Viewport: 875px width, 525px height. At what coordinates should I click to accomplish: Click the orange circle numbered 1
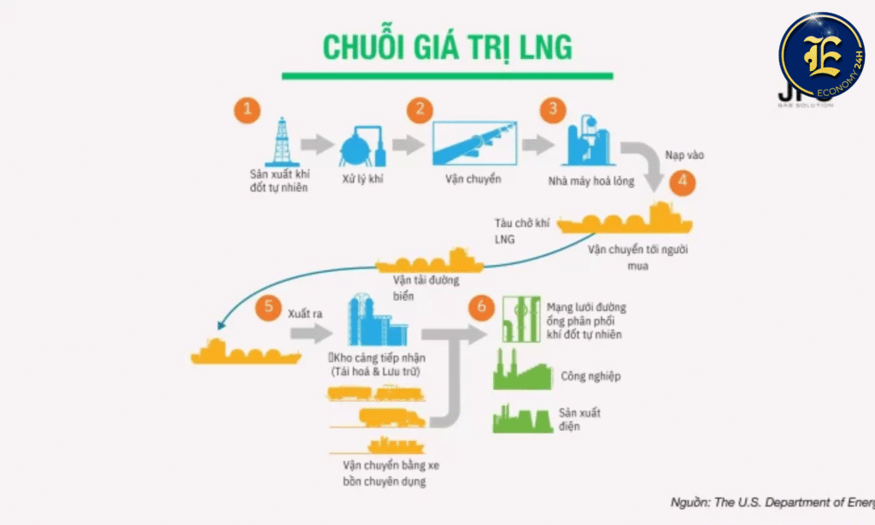click(246, 109)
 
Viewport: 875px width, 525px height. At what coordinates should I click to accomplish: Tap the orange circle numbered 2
click(419, 109)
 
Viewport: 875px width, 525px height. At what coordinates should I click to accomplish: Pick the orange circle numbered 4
click(683, 182)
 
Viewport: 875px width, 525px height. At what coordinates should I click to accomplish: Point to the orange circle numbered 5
click(271, 308)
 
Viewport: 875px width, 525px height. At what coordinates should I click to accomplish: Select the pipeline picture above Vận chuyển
click(473, 144)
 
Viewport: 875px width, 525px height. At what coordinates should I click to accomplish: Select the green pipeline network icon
click(520, 321)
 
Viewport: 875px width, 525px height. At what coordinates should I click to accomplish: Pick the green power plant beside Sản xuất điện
click(521, 416)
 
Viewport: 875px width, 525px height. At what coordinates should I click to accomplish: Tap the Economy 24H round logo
click(823, 56)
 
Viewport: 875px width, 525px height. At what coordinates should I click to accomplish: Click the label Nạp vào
click(684, 155)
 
